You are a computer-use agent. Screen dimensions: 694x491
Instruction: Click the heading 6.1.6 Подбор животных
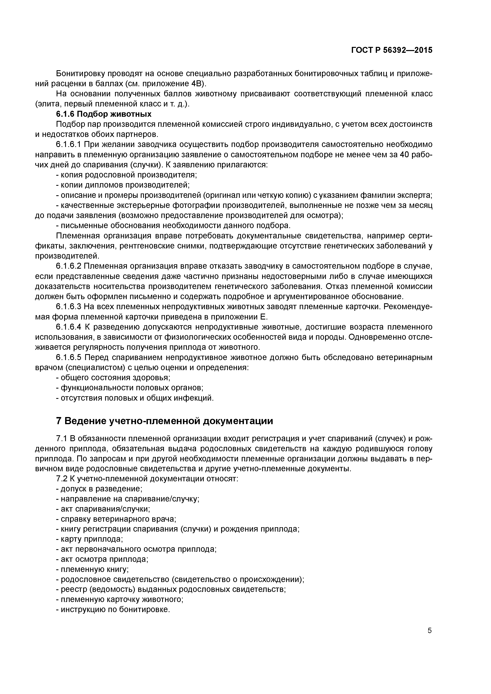coord(104,114)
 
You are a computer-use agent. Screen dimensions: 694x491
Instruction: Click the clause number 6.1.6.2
coord(69,266)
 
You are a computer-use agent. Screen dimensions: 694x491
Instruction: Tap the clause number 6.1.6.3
coord(69,306)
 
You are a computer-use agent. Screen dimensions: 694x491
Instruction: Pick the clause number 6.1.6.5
coord(69,357)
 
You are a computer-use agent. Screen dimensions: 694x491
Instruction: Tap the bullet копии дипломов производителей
coord(123,185)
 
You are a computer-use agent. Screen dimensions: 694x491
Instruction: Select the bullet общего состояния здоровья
coord(113,377)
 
